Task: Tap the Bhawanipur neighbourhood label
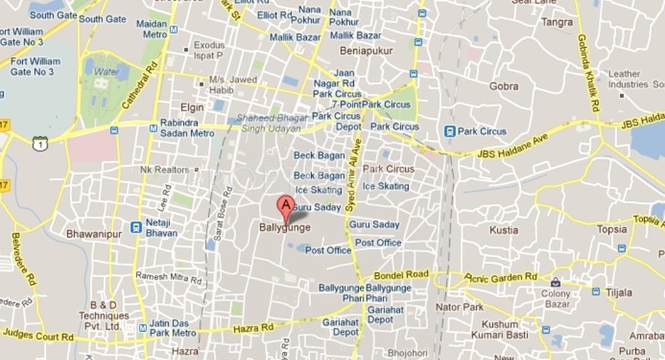93,234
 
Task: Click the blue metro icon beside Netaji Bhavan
136,228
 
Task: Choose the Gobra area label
504,86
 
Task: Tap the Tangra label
557,22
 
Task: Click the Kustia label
504,230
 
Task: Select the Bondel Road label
401,275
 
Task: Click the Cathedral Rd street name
139,85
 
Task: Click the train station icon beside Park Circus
449,132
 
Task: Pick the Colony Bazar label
556,299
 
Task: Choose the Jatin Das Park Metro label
173,328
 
